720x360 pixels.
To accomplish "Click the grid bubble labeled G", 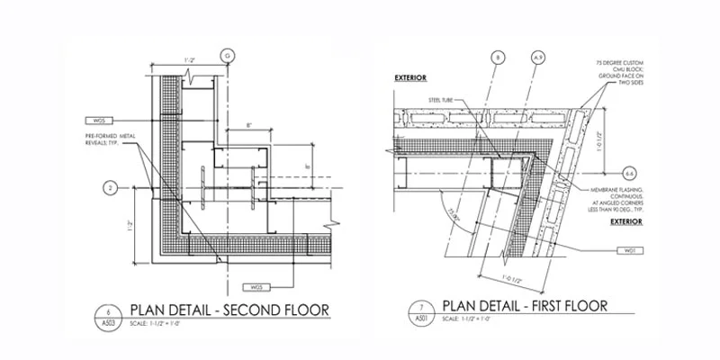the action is (x=228, y=56).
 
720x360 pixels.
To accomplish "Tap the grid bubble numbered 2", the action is (x=109, y=188).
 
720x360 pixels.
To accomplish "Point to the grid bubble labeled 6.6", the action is (x=631, y=169).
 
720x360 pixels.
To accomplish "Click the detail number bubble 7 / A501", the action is (x=419, y=316).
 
